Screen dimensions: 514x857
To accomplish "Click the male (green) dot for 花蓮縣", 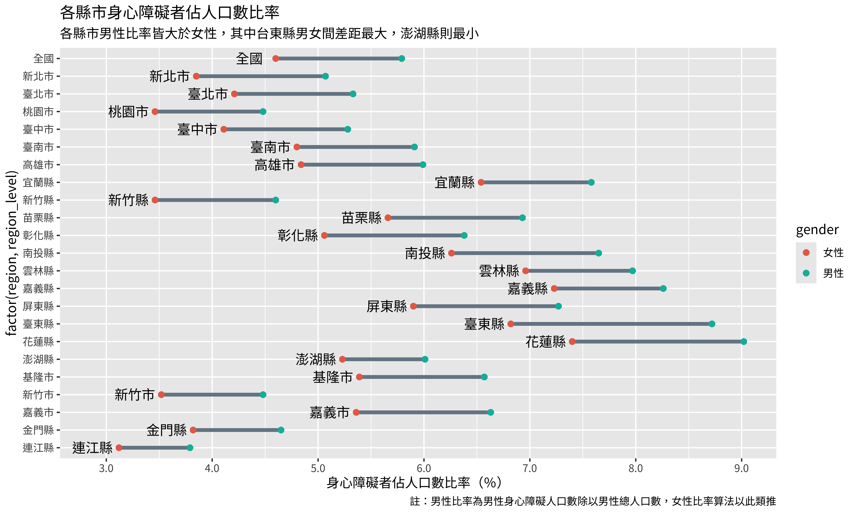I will click(x=743, y=342).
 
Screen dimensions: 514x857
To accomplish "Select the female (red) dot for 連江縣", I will click(x=119, y=448).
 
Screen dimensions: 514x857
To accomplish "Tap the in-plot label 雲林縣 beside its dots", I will click(x=499, y=271).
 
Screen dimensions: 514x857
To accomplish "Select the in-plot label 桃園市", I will click(x=128, y=112).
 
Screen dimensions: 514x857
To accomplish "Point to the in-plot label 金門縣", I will click(x=166, y=430).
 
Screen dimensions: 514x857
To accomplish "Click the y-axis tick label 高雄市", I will click(x=38, y=165).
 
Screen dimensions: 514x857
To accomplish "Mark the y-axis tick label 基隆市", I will click(x=38, y=377).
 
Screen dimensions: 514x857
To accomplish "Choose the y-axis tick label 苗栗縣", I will click(x=38, y=218).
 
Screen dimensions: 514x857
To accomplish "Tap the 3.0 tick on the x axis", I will click(x=106, y=468).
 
